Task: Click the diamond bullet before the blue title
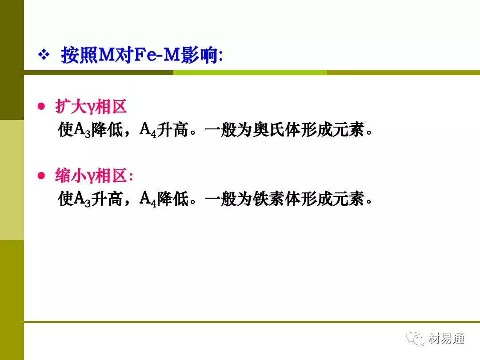(x=44, y=55)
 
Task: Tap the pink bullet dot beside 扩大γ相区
(x=41, y=106)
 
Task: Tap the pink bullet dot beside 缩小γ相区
(x=41, y=176)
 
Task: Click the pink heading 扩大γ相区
(x=91, y=107)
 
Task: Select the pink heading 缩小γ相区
(x=94, y=176)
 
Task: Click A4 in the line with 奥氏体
(x=148, y=130)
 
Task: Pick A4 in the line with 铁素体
(x=148, y=199)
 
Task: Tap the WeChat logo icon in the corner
(x=416, y=338)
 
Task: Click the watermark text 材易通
(x=447, y=339)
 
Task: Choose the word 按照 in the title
(x=80, y=55)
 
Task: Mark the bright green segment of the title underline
(x=250, y=72)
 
